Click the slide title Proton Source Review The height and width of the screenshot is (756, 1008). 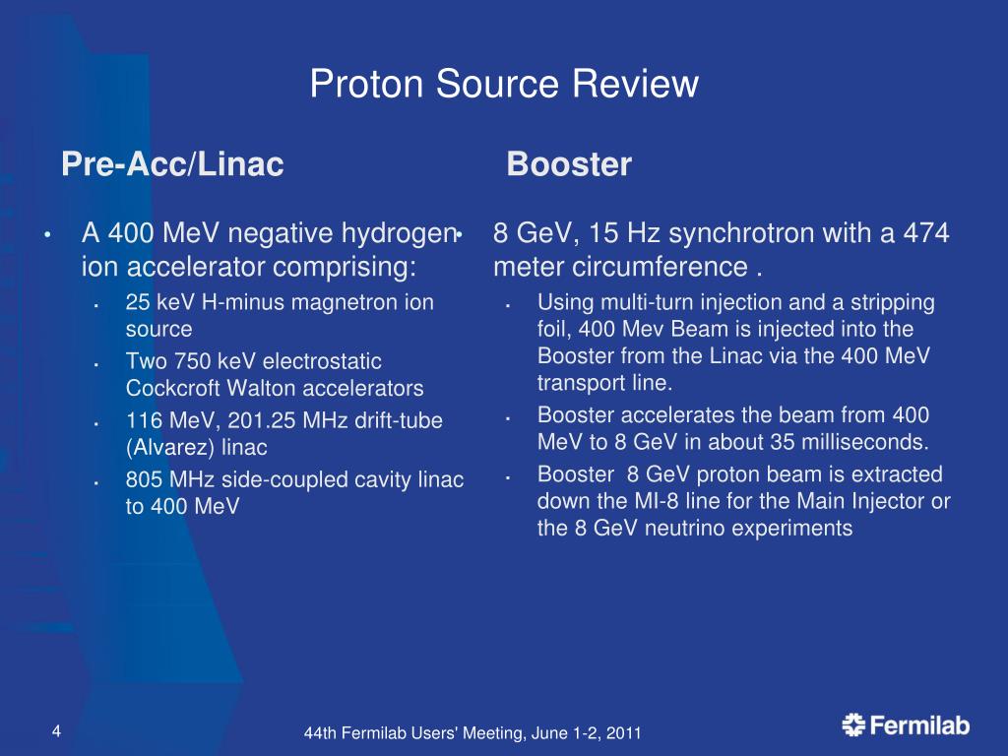point(504,85)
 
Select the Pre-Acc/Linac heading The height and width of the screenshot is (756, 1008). point(172,164)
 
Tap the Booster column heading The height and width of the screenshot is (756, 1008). point(568,164)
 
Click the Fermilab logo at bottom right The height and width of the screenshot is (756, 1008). point(906,726)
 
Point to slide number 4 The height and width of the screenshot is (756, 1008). point(56,730)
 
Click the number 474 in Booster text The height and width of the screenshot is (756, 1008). point(926,234)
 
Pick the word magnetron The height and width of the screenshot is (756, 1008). point(335,302)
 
